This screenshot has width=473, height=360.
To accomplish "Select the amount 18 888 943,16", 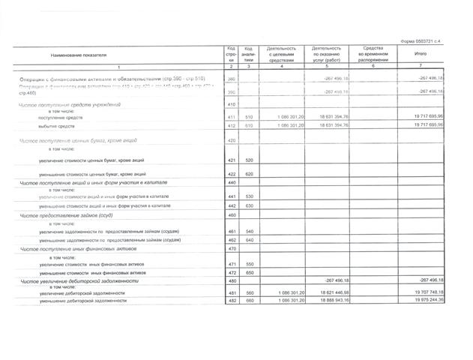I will point(330,300).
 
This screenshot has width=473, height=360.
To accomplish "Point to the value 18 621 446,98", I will point(330,292).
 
